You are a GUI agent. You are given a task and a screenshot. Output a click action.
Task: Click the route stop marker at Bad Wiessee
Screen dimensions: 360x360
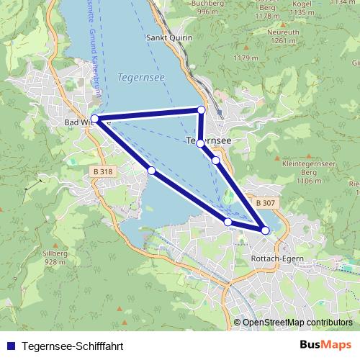coord(95,119)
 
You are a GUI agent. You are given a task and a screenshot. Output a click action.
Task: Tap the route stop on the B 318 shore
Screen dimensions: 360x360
coord(151,170)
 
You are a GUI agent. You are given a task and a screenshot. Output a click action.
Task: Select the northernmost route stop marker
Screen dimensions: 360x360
coord(202,110)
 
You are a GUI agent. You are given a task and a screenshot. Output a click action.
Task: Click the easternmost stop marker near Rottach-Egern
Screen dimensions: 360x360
coord(265,230)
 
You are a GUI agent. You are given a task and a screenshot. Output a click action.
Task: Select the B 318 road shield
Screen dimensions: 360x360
coord(102,171)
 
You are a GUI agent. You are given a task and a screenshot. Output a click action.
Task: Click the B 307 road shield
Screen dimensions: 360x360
coord(264,204)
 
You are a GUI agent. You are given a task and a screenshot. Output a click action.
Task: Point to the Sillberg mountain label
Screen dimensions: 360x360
coord(55,253)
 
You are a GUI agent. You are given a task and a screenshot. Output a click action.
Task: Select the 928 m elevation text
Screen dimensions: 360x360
coord(55,262)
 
